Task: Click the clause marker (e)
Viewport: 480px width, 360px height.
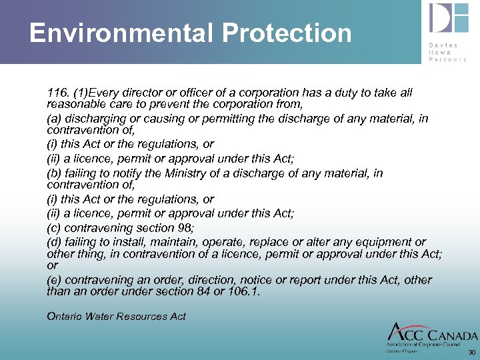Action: click(x=55, y=280)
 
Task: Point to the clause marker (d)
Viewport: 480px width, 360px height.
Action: click(x=55, y=242)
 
